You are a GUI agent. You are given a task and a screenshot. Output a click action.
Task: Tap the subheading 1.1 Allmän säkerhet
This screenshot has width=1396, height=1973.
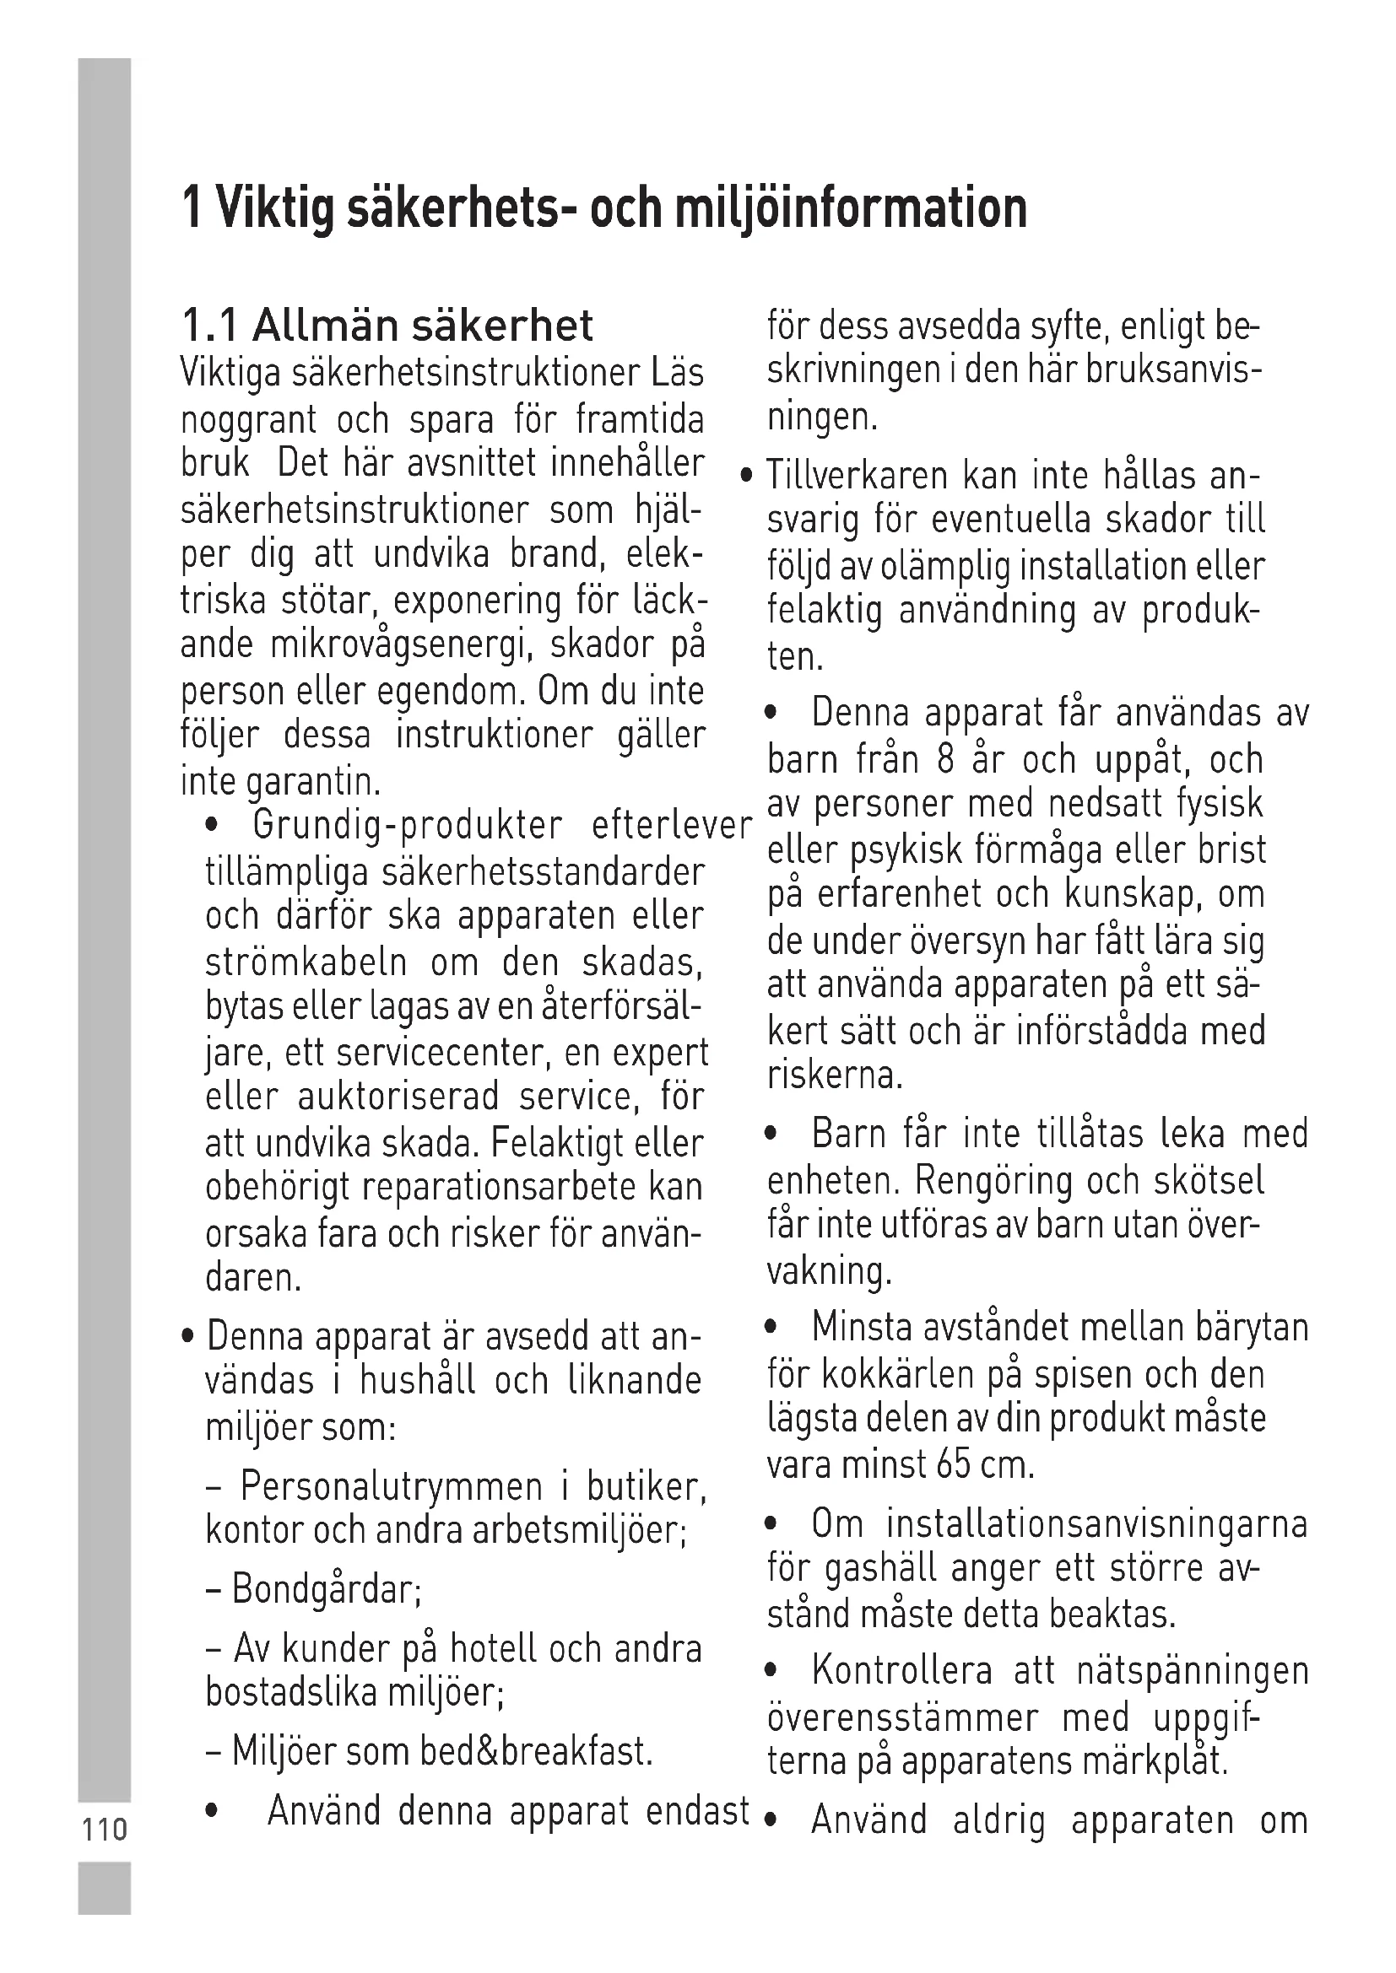point(387,326)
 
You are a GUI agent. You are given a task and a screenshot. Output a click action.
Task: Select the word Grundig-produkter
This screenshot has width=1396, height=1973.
point(408,826)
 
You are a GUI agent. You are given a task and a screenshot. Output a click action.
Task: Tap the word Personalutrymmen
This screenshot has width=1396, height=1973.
point(391,1485)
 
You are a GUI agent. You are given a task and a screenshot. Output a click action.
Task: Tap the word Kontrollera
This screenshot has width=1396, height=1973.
point(901,1671)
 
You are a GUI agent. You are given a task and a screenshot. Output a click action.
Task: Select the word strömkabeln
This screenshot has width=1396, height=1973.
point(306,962)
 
